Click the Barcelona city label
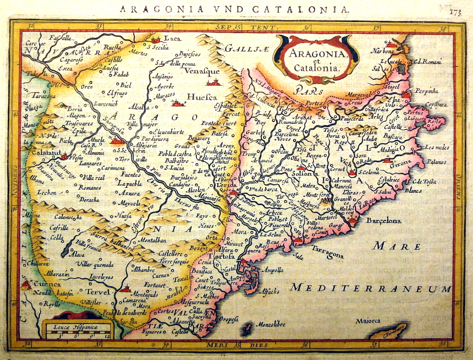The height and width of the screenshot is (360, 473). coord(383,221)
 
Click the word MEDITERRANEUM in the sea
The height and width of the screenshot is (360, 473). coord(371,287)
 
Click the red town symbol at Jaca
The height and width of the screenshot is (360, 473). coord(156,41)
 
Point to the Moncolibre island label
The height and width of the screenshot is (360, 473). coord(271,325)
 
